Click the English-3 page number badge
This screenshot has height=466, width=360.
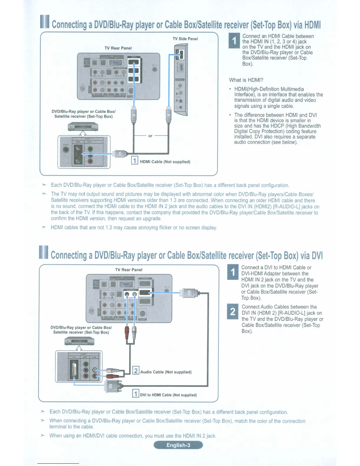pyautogui.click(x=178, y=445)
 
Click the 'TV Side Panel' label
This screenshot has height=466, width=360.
pyautogui.click(x=185, y=39)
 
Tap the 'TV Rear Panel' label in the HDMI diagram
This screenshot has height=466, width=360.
pyautogui.click(x=118, y=48)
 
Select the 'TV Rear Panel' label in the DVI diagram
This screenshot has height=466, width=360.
pyautogui.click(x=129, y=270)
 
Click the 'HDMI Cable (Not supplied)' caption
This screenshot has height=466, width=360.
pyautogui.click(x=165, y=162)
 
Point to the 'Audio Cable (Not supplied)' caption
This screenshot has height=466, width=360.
pyautogui.click(x=166, y=372)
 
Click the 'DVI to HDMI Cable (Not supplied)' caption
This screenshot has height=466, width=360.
pyautogui.click(x=168, y=395)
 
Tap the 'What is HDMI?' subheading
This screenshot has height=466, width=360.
pyautogui.click(x=246, y=80)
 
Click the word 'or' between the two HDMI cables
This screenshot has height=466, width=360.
pyautogui.click(x=150, y=136)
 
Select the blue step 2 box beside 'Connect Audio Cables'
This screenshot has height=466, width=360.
pyautogui.click(x=233, y=312)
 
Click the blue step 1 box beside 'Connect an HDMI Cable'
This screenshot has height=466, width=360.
pyautogui.click(x=234, y=41)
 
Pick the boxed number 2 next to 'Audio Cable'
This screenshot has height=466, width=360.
pyautogui.click(x=136, y=370)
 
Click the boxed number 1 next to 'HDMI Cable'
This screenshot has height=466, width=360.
pyautogui.click(x=134, y=160)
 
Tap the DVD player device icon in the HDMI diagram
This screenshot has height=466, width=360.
pyautogui.click(x=83, y=127)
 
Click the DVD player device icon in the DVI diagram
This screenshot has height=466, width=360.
pyautogui.click(x=79, y=341)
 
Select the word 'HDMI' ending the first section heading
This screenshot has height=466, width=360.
pyautogui.click(x=312, y=25)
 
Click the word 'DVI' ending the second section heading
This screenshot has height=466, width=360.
pyautogui.click(x=317, y=255)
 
